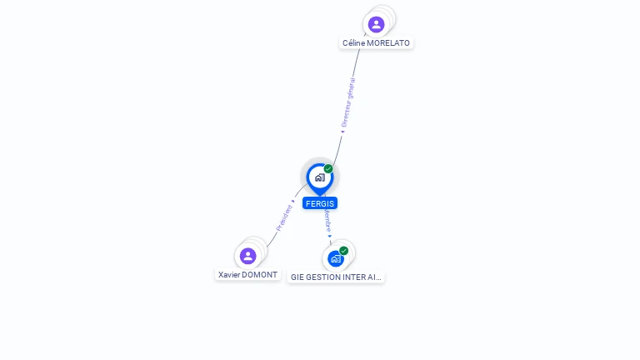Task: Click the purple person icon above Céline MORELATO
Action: click(x=377, y=24)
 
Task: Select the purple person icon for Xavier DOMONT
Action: click(x=247, y=256)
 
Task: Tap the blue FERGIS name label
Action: click(x=320, y=203)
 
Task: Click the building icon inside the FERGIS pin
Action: click(x=319, y=177)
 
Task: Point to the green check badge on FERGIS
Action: click(x=328, y=169)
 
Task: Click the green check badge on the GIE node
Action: click(x=343, y=251)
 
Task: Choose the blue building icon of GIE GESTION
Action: click(x=335, y=258)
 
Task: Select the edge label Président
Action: click(x=283, y=217)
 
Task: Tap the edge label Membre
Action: click(x=327, y=220)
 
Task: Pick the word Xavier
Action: click(x=227, y=275)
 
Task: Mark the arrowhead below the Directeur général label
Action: click(x=342, y=131)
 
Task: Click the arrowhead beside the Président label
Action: click(x=293, y=201)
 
